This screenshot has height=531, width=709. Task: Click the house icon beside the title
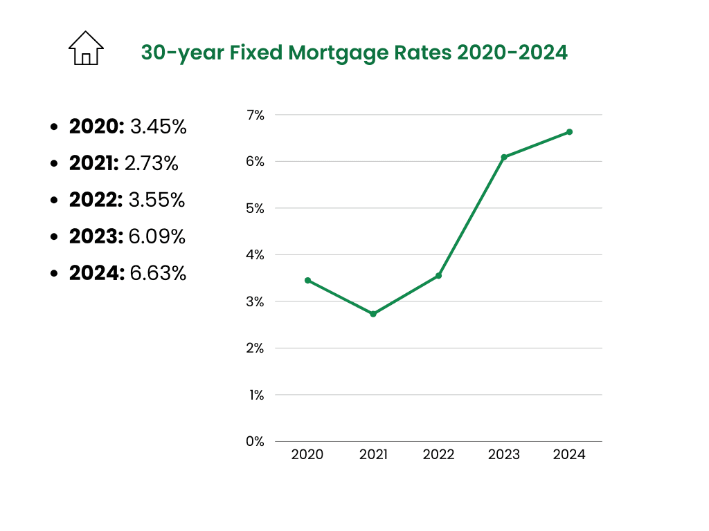[86, 48]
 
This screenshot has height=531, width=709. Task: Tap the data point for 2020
[307, 280]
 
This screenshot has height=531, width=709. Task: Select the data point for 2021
[373, 314]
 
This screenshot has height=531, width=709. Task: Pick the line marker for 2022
[438, 276]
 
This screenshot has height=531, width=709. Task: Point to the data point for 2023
[504, 157]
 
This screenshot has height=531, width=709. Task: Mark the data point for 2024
[569, 131]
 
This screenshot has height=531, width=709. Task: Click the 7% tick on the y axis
[255, 115]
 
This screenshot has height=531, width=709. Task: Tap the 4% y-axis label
[255, 255]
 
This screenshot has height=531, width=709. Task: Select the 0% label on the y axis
[255, 441]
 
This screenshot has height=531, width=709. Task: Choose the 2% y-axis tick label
[255, 348]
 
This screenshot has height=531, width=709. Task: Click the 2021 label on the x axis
[373, 455]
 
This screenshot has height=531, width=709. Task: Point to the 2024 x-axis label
[569, 455]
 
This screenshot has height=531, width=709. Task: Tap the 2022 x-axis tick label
[438, 455]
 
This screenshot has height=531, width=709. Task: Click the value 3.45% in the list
[159, 127]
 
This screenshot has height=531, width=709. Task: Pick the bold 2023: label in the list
[96, 237]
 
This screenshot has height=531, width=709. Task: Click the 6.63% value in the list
[158, 274]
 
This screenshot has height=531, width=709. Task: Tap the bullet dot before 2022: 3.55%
[55, 201]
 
